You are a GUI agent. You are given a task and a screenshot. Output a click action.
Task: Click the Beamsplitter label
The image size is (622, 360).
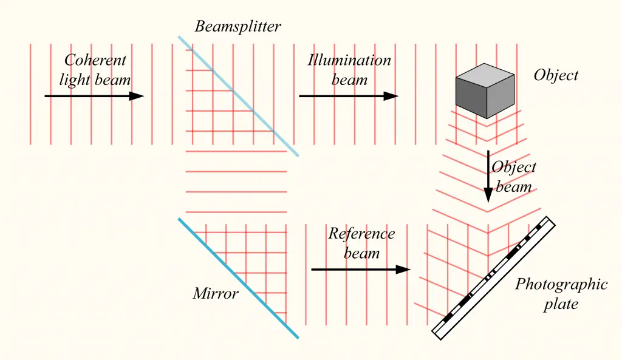pos(238,27)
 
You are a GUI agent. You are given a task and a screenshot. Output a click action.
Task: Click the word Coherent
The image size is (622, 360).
pos(95,60)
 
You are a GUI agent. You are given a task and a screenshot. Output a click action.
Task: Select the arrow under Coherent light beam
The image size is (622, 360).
pos(94,96)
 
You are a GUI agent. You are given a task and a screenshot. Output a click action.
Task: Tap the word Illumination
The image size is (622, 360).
pos(349,60)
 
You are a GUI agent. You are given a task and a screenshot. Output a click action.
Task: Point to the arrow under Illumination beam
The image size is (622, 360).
pos(349,96)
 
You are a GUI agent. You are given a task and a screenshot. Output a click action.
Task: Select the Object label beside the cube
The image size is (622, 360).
pos(556,75)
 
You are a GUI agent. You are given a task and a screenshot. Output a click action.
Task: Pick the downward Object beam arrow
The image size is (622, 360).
pos(488,176)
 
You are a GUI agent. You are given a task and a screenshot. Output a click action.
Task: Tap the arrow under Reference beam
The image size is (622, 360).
pos(361,269)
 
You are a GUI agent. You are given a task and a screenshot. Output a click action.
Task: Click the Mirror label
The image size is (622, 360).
pos(216,294)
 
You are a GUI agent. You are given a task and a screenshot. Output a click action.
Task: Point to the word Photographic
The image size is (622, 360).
pos(561,285)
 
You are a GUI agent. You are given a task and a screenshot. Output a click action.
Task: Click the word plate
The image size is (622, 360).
pos(561,304)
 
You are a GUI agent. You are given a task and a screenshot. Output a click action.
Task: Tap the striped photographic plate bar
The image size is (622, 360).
pos(493,277)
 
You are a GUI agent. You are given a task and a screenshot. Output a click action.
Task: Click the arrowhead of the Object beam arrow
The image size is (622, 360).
pos(488,195)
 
